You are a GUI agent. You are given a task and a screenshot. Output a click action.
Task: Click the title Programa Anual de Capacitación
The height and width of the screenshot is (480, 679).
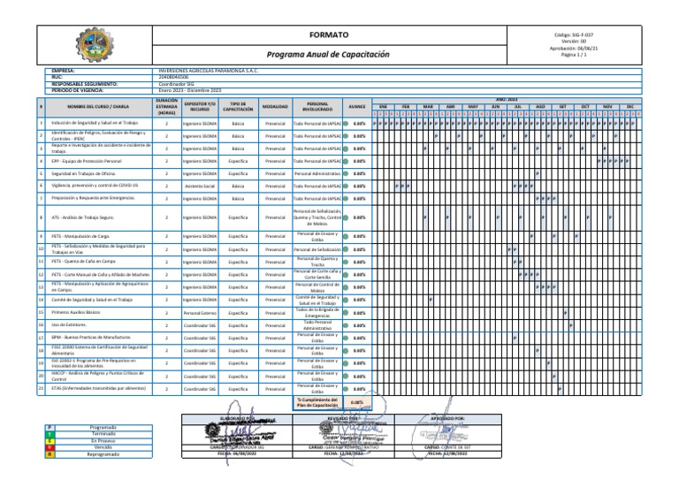[328, 54]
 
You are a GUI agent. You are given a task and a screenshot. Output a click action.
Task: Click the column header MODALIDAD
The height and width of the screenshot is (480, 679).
[275, 106]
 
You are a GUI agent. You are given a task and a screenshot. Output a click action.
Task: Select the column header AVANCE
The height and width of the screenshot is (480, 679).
[357, 106]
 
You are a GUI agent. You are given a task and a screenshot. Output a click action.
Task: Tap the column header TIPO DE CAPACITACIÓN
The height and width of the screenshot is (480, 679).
[238, 106]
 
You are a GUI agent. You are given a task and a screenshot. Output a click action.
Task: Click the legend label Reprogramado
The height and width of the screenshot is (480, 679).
[103, 454]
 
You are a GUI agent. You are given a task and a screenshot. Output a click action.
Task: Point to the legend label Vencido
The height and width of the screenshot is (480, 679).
[103, 447]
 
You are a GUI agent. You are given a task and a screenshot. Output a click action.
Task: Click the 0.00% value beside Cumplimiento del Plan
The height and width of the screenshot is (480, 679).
[356, 402]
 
